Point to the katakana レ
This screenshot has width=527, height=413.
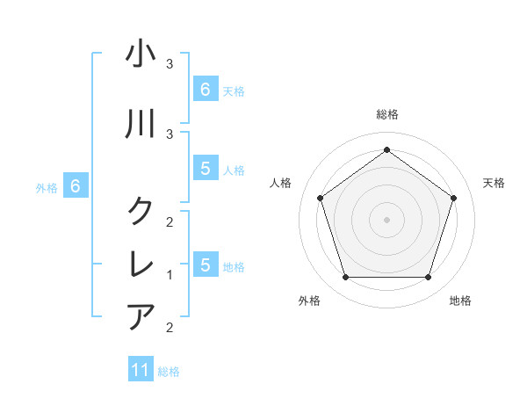click(141, 263)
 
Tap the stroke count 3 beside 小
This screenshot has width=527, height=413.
click(170, 64)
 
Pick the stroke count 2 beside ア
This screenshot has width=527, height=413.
click(170, 328)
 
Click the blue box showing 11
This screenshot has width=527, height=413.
click(141, 370)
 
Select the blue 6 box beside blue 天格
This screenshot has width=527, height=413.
click(205, 89)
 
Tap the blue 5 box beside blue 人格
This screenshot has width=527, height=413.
click(205, 169)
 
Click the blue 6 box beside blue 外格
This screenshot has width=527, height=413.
click(76, 186)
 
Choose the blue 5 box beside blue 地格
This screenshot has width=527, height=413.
click(205, 264)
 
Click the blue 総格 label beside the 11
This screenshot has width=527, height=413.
click(169, 372)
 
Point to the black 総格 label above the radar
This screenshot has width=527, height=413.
click(387, 115)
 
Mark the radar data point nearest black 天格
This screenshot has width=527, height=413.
click(453, 198)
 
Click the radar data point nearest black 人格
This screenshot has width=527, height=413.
click(321, 198)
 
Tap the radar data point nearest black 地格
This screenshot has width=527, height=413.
click(428, 278)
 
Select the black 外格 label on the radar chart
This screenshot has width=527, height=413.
click(309, 301)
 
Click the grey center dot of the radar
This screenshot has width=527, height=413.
click(386, 219)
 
